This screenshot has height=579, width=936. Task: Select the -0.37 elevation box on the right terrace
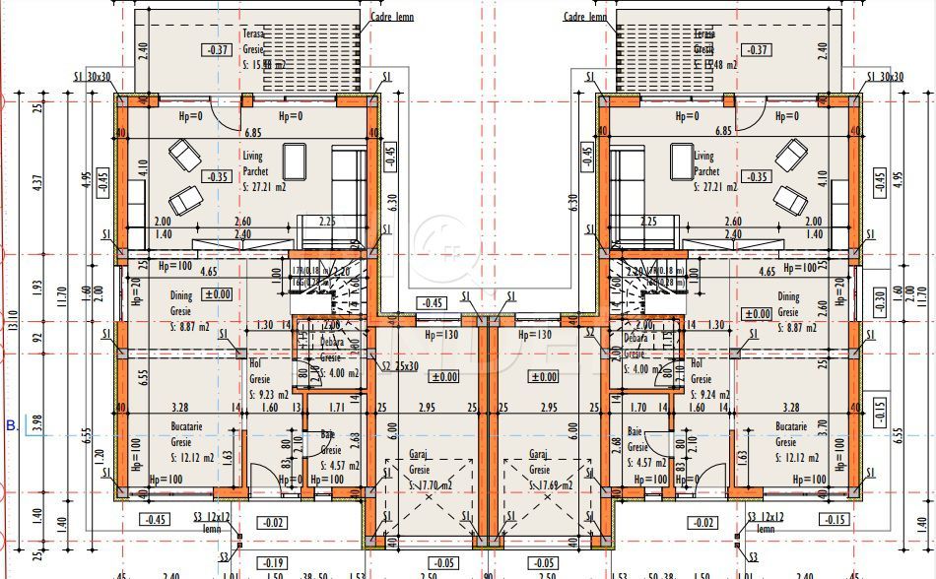tap(757, 50)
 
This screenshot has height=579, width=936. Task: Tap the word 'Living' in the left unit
tap(255, 157)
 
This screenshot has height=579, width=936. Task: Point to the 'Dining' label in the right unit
tap(788, 296)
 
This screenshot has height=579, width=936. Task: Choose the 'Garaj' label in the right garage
tap(538, 455)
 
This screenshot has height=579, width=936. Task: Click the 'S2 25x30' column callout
tap(400, 366)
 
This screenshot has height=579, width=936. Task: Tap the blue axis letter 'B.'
tap(11, 426)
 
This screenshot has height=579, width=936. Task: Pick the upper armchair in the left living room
tap(183, 155)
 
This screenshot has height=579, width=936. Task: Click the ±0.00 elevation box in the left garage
tap(444, 376)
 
